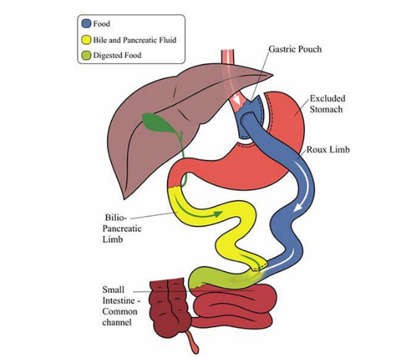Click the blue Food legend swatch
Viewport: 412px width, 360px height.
(x=87, y=24)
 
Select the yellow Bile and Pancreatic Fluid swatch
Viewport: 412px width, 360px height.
(x=87, y=40)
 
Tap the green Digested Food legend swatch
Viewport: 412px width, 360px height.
(x=87, y=55)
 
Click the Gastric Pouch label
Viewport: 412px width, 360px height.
(x=295, y=50)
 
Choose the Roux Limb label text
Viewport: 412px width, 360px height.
(x=328, y=150)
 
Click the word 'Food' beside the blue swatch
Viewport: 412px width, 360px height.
(x=102, y=24)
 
